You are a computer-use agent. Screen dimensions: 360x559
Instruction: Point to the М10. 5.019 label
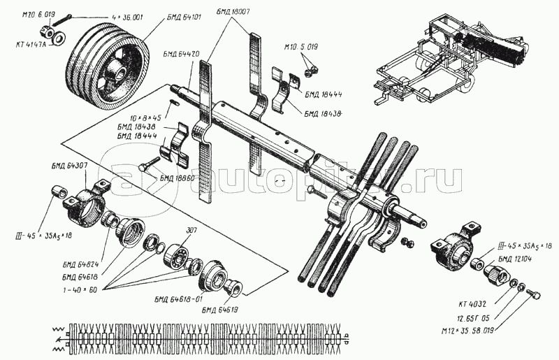pyautogui.click(x=301, y=46)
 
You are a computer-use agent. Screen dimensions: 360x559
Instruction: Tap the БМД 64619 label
pyautogui.click(x=219, y=308)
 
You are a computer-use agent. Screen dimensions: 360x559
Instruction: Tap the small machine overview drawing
pyautogui.click(x=451, y=60)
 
